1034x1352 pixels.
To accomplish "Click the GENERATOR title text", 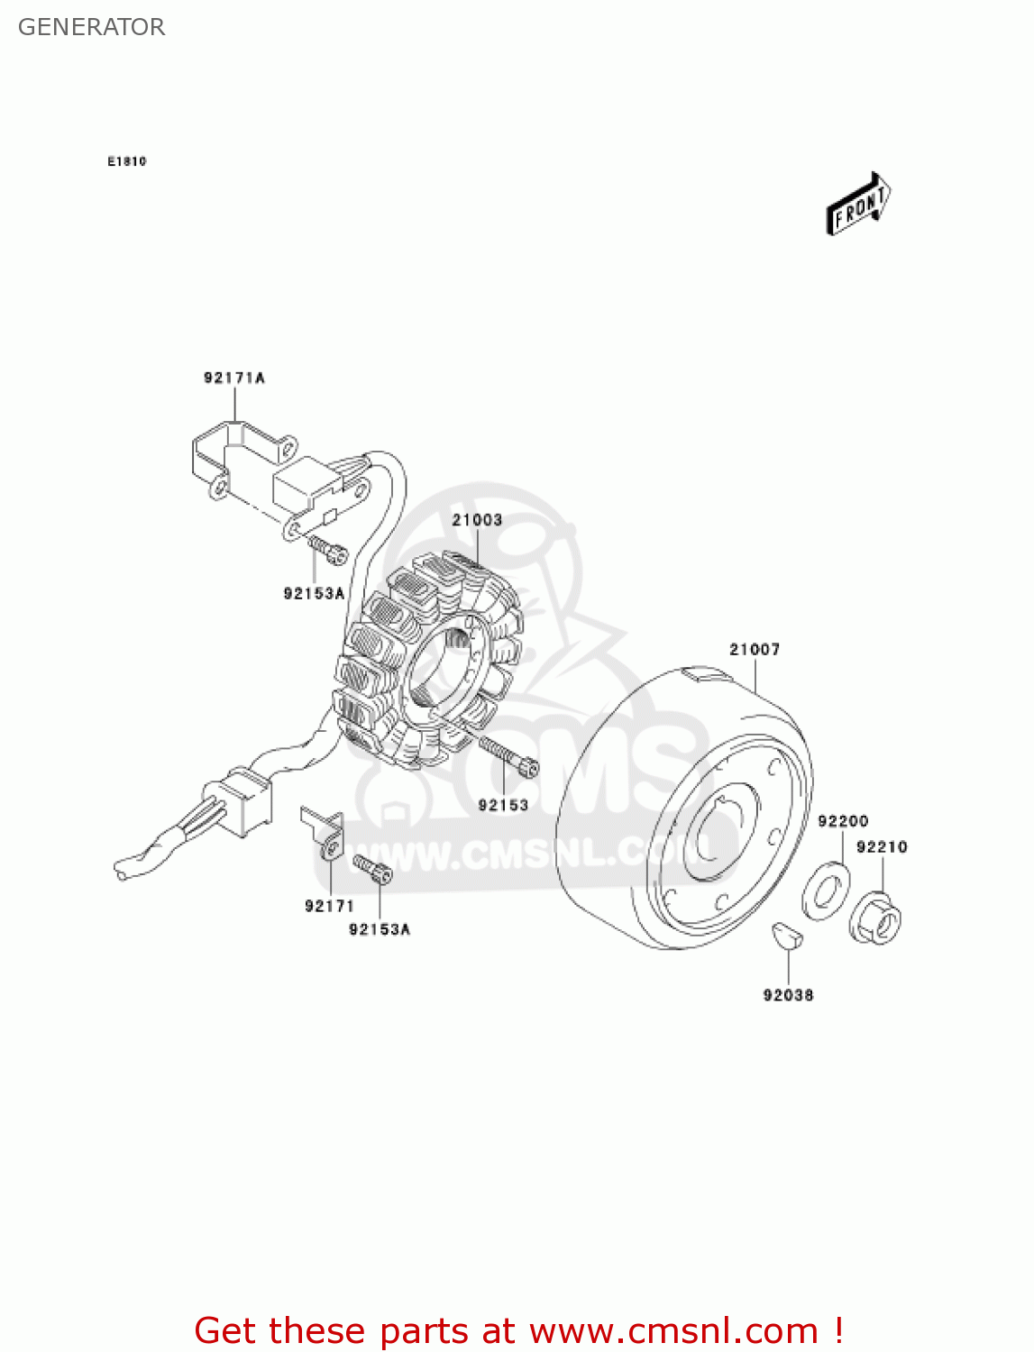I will [x=91, y=27].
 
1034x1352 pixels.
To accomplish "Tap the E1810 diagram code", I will [x=126, y=161].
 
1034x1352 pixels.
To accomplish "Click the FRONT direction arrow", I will [x=859, y=205].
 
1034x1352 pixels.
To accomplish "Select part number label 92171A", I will [x=233, y=378].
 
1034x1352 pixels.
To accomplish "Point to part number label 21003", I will [x=477, y=520].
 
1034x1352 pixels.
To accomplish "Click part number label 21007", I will [x=755, y=649].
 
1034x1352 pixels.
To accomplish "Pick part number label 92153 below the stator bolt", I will [x=503, y=805].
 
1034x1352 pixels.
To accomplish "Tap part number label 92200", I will [x=843, y=821].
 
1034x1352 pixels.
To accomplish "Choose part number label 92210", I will [x=882, y=847].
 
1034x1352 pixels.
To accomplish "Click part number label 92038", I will [x=788, y=995].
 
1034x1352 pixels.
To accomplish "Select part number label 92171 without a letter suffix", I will [x=329, y=906].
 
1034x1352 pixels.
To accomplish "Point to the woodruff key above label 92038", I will [x=787, y=935].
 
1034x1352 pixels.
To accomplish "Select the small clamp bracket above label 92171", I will [x=325, y=834].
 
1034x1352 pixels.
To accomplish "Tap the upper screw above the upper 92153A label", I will [x=327, y=549].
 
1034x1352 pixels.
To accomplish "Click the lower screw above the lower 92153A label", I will [x=371, y=868].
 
